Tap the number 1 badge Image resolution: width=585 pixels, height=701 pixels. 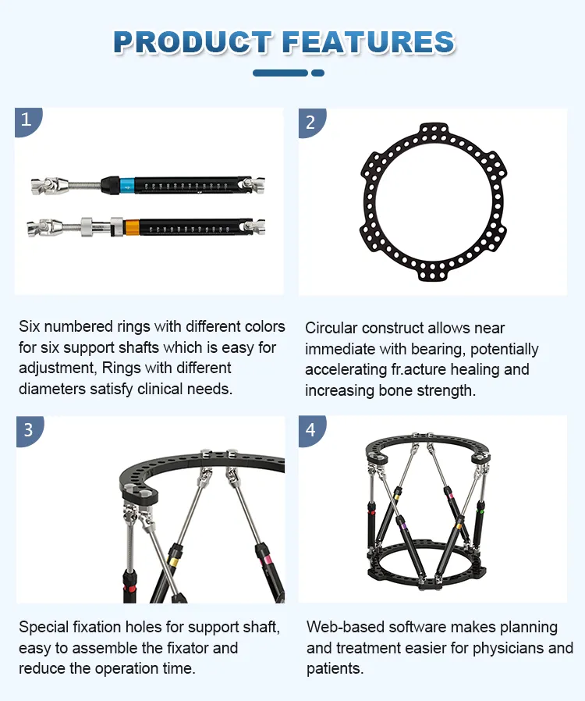[x=27, y=120]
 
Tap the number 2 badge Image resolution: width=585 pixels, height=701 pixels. [x=310, y=122]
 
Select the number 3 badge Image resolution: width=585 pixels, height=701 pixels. [x=28, y=429]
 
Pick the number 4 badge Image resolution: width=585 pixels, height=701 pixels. [x=310, y=429]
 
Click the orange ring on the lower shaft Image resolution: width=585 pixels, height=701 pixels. [x=132, y=227]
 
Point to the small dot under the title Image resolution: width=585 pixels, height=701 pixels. [x=317, y=73]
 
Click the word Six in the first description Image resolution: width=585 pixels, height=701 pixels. [x=30, y=326]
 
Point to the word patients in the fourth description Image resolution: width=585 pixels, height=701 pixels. [x=334, y=669]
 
